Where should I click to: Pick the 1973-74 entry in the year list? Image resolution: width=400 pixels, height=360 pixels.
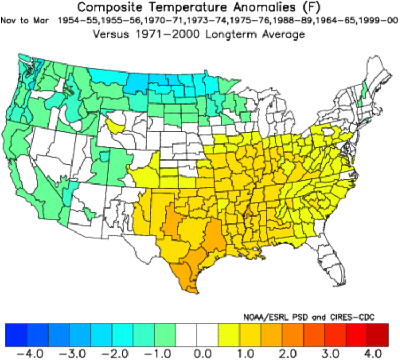pyautogui.click(x=200, y=22)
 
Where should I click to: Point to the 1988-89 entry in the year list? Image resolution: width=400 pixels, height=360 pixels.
pyautogui.click(x=295, y=22)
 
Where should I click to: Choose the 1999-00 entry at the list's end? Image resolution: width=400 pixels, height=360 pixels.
pyautogui.click(x=379, y=22)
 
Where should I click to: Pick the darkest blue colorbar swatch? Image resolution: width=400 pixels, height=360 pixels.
pyautogui.click(x=16, y=334)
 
